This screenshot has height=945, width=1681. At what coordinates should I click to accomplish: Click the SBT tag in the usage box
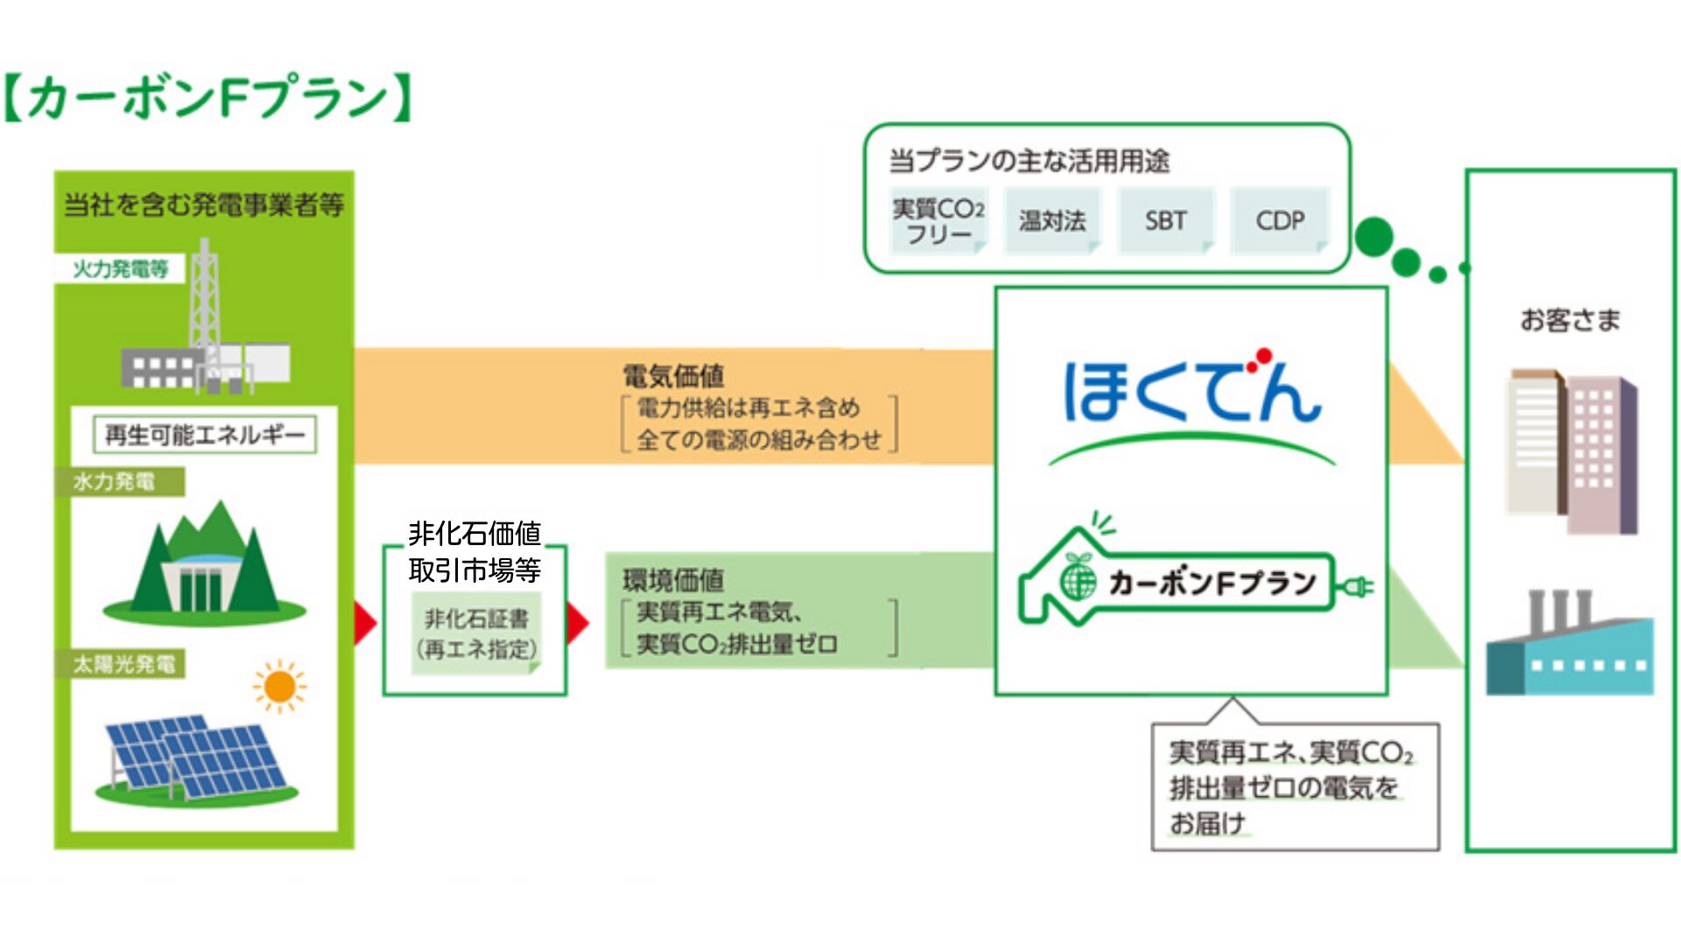click(x=1165, y=220)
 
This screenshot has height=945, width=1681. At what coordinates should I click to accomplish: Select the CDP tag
click(x=1280, y=220)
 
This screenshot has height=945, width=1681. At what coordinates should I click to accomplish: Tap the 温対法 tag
click(x=1052, y=220)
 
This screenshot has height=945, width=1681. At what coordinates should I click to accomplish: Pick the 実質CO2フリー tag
click(x=939, y=220)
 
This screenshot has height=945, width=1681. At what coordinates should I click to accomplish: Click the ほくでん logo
click(x=1191, y=394)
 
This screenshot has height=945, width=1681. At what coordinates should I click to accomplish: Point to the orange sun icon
click(x=279, y=687)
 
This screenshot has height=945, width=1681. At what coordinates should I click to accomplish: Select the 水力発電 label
click(x=117, y=482)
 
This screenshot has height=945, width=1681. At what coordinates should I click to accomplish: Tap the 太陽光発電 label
click(x=123, y=664)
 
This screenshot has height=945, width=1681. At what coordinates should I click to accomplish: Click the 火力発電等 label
click(x=121, y=269)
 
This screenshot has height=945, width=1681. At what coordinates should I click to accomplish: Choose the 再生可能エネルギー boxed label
click(x=205, y=435)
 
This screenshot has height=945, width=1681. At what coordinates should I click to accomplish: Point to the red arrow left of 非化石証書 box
click(x=365, y=623)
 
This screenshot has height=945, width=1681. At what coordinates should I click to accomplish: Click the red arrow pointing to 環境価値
click(x=578, y=623)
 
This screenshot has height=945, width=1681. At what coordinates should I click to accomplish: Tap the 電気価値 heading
click(x=673, y=376)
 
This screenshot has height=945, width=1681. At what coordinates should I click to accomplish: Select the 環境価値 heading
click(x=673, y=579)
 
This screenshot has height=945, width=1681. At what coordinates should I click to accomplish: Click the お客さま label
click(x=1570, y=320)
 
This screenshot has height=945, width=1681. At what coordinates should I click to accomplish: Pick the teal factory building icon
click(x=1570, y=647)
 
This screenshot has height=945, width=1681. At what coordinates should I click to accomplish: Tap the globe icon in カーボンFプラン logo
click(x=1078, y=580)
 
